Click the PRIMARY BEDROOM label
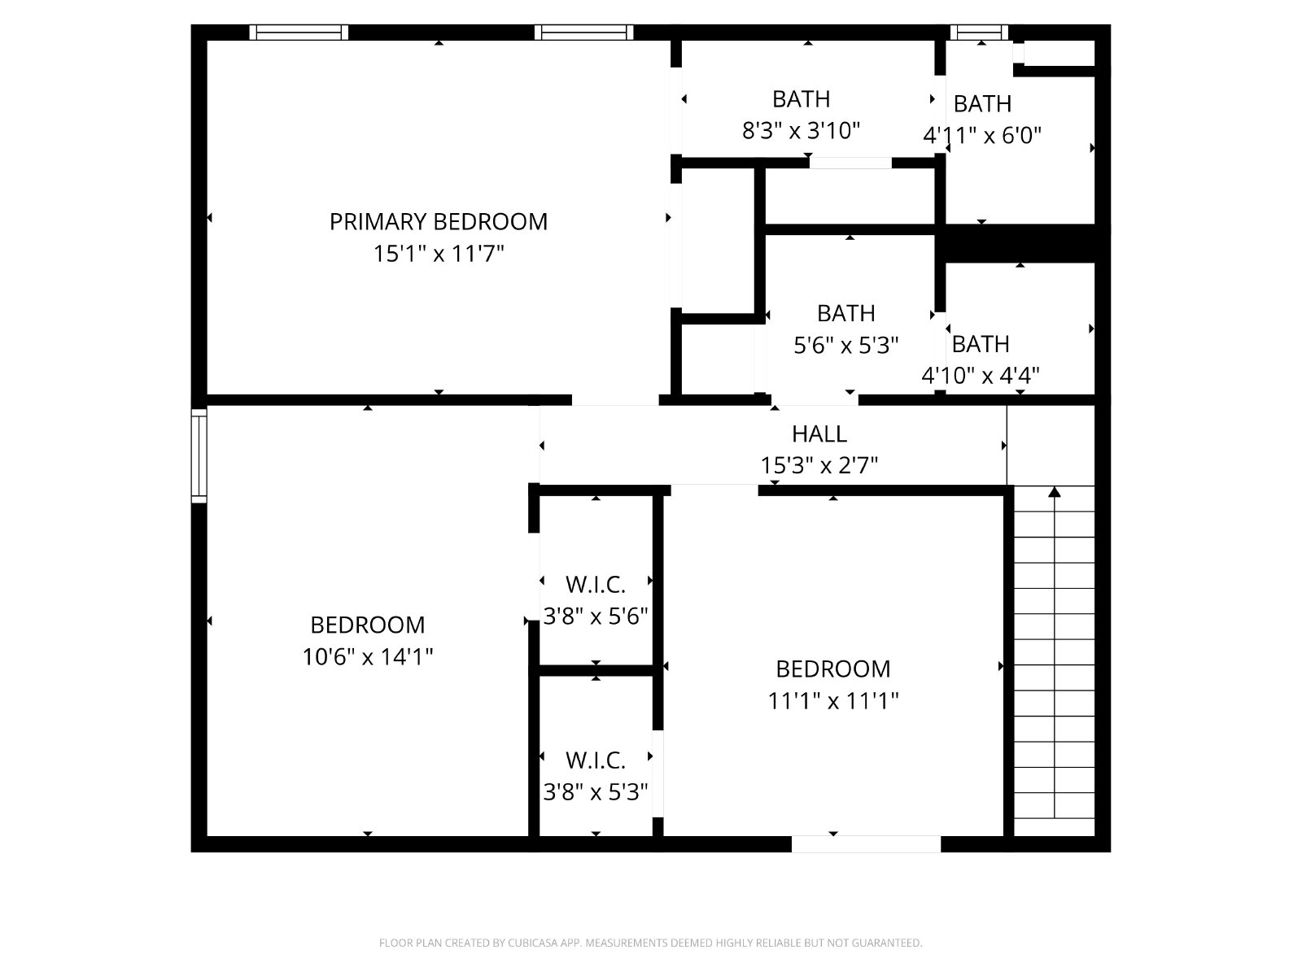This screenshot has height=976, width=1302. tap(439, 221)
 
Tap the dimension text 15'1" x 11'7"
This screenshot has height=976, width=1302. tap(439, 254)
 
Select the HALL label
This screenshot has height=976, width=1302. tap(819, 434)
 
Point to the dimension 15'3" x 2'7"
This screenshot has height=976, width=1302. tap(819, 465)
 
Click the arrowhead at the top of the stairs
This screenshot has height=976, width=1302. tap(1054, 492)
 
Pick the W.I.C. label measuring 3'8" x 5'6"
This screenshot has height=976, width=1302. tap(596, 585)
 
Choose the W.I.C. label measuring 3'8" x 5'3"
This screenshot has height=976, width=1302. tap(596, 760)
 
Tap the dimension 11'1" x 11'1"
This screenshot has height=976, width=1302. tap(832, 701)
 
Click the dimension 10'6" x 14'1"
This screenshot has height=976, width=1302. tap(368, 656)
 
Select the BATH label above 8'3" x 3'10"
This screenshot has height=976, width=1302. tap(801, 99)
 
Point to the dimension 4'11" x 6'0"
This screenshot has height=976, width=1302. tap(981, 136)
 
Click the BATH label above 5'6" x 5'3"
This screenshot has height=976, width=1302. tap(845, 313)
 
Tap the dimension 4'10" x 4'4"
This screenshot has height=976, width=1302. tap(981, 375)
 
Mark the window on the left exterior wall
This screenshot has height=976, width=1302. tap(199, 455)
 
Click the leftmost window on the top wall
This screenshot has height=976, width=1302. tap(299, 32)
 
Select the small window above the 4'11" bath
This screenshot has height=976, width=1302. tap(979, 32)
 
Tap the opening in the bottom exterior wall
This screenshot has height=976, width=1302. tap(866, 844)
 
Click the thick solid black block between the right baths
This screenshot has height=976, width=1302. tap(1020, 243)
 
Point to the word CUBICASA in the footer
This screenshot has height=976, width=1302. tap(533, 942)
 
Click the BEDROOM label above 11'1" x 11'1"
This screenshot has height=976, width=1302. tap(832, 669)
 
